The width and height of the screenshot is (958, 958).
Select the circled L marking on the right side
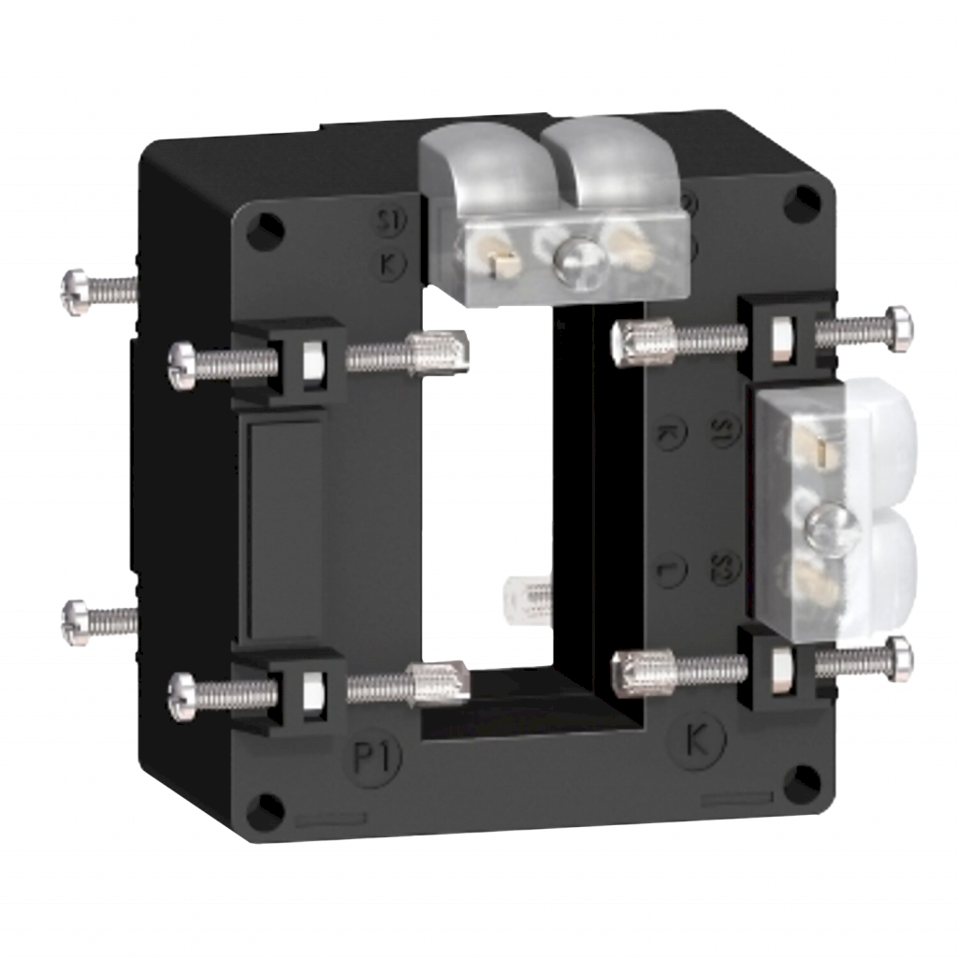(x=671, y=568)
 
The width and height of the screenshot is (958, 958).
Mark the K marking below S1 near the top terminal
(x=388, y=262)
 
